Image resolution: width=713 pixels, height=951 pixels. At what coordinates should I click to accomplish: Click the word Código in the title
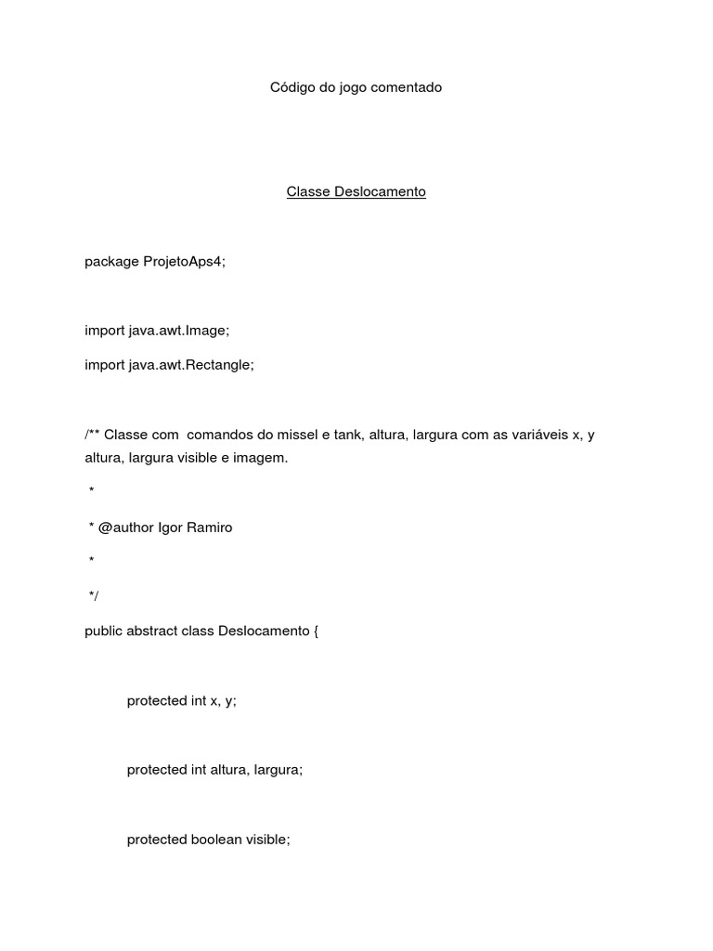click(292, 87)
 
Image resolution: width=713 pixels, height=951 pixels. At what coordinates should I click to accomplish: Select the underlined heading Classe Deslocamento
click(356, 192)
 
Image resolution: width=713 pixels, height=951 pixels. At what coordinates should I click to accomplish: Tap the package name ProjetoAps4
click(184, 262)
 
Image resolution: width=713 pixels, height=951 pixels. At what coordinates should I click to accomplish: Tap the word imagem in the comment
click(263, 458)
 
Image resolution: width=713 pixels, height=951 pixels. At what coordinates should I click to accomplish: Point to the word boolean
click(216, 840)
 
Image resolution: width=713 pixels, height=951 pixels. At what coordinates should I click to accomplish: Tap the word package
click(111, 262)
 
